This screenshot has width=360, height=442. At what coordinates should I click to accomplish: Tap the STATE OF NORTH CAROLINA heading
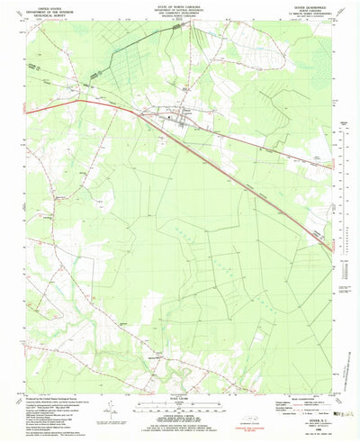[x=180, y=5]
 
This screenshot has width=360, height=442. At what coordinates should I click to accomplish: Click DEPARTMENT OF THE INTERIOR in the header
[x=45, y=9]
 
